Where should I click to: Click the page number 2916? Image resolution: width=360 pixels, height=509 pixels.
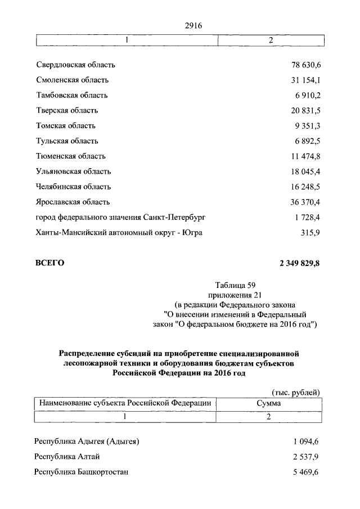point(192,25)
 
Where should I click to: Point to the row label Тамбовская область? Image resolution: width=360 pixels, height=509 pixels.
point(71,96)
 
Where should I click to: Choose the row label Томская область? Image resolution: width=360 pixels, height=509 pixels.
point(66,126)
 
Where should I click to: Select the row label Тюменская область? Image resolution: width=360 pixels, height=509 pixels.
point(70,156)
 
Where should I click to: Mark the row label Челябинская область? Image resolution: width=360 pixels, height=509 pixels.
point(73,187)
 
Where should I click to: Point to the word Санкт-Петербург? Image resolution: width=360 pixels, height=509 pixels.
point(182,217)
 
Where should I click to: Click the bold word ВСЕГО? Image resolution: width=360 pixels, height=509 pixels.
point(50,263)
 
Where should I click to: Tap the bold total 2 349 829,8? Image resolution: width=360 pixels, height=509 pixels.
point(300,263)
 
